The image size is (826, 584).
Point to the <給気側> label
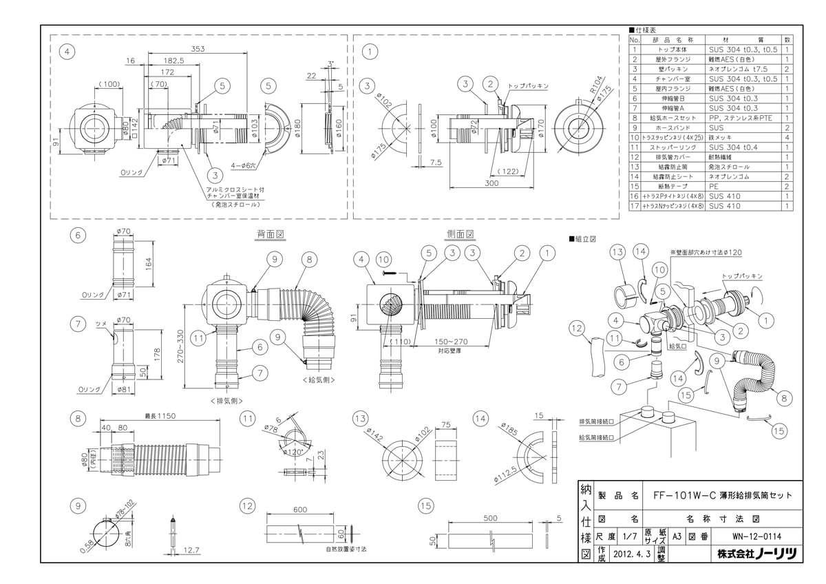(x=317, y=379)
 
